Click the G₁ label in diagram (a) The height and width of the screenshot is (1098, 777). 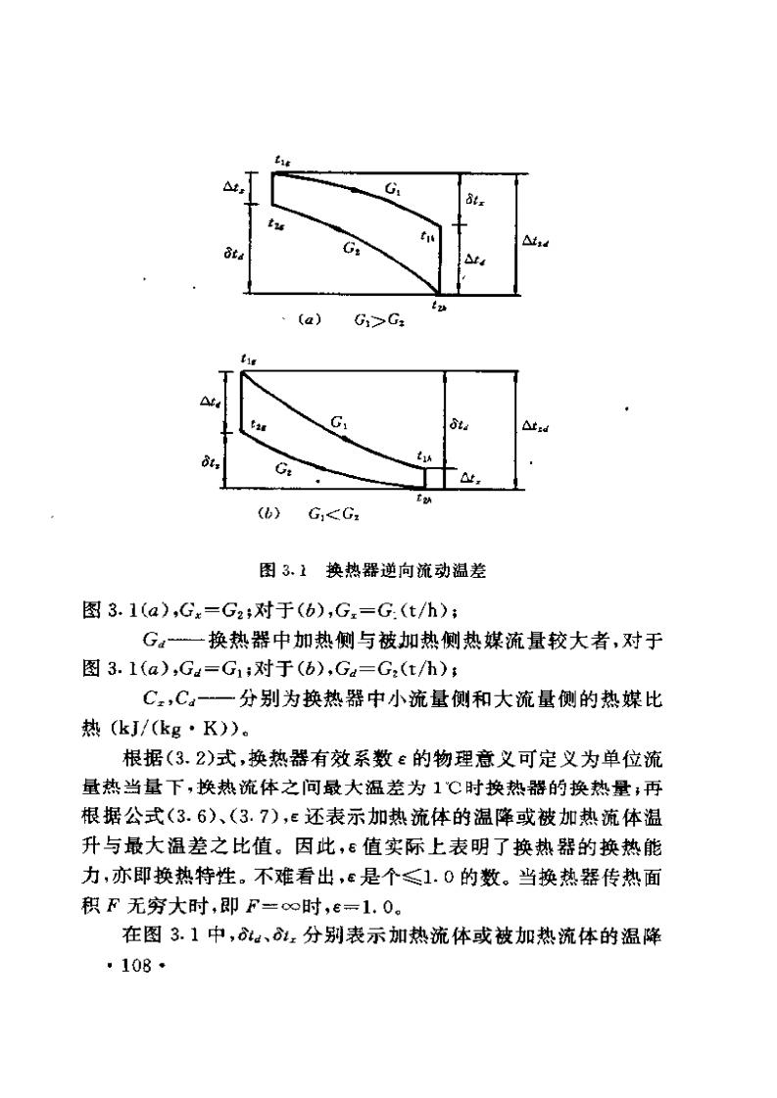tap(393, 189)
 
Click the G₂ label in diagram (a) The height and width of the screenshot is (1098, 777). tap(350, 248)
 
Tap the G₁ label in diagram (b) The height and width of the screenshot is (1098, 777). tap(338, 423)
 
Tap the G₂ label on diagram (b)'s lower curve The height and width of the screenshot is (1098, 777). tap(283, 470)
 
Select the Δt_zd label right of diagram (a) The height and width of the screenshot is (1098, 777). tap(535, 238)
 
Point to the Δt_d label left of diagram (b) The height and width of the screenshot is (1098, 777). tap(209, 402)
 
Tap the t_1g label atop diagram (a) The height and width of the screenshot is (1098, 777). tap(282, 160)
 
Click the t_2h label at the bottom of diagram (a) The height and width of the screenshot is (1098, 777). tap(438, 307)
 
